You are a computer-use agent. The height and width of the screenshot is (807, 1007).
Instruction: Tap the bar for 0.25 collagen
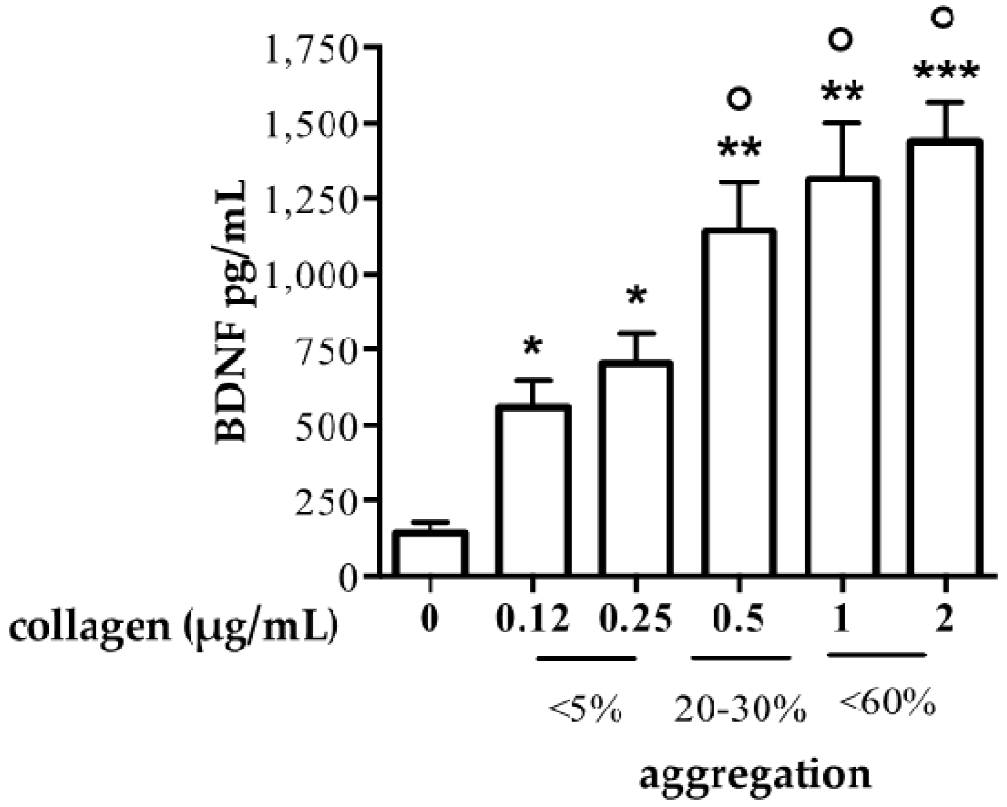pos(635,469)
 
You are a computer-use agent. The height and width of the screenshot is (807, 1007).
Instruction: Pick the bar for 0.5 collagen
pos(738,403)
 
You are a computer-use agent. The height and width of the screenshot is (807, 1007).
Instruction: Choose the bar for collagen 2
pos(945,359)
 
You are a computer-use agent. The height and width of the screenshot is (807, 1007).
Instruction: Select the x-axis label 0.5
pos(738,621)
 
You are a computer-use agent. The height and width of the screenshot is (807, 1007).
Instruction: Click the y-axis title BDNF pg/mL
pos(232,312)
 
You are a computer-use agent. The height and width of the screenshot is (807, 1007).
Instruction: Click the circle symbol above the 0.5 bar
pos(740,98)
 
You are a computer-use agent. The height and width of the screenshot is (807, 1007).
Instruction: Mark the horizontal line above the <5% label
pos(586,658)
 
